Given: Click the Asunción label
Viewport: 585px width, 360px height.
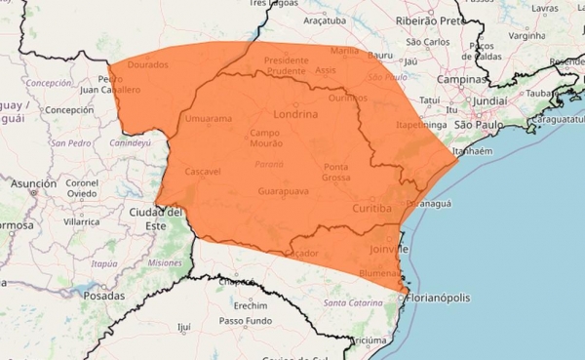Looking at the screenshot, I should click(33, 182).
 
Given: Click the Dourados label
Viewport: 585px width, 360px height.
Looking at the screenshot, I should click(147, 64).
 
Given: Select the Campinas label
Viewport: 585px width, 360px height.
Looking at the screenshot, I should click(461, 79).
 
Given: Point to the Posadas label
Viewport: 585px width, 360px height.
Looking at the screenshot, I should click(104, 295).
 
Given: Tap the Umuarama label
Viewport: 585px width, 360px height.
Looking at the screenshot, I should click(208, 119).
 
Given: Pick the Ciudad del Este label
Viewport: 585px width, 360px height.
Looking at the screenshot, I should click(156, 218).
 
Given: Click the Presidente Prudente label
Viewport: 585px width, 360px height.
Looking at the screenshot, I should click(286, 65).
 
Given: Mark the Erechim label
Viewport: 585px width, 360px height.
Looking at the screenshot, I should click(251, 304).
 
